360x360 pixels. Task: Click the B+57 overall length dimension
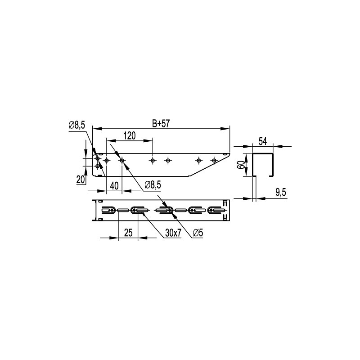(x=161, y=123)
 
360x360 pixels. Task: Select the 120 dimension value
(x=130, y=136)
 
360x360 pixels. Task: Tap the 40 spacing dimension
(x=114, y=186)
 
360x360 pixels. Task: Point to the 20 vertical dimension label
(x=81, y=180)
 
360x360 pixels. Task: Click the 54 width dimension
(x=263, y=141)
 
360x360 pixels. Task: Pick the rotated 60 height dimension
(x=241, y=165)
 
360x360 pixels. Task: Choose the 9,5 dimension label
(x=280, y=193)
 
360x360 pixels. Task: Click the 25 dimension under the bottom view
(x=128, y=233)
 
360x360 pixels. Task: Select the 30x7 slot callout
(x=173, y=233)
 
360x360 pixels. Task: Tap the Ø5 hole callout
(x=198, y=233)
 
